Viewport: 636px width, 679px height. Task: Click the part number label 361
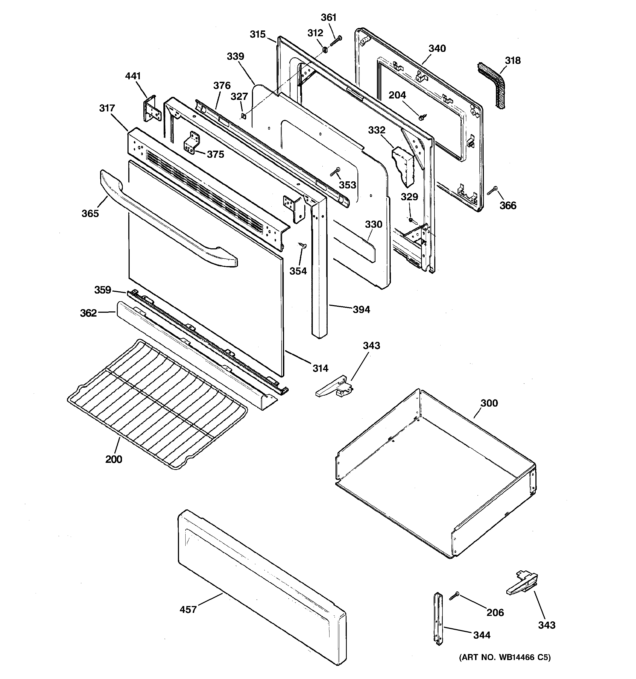(x=328, y=17)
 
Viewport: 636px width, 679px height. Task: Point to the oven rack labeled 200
(x=157, y=403)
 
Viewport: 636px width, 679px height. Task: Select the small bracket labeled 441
(x=150, y=109)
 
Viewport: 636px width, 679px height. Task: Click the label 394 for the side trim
(x=361, y=309)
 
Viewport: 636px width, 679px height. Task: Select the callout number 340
(x=437, y=49)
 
